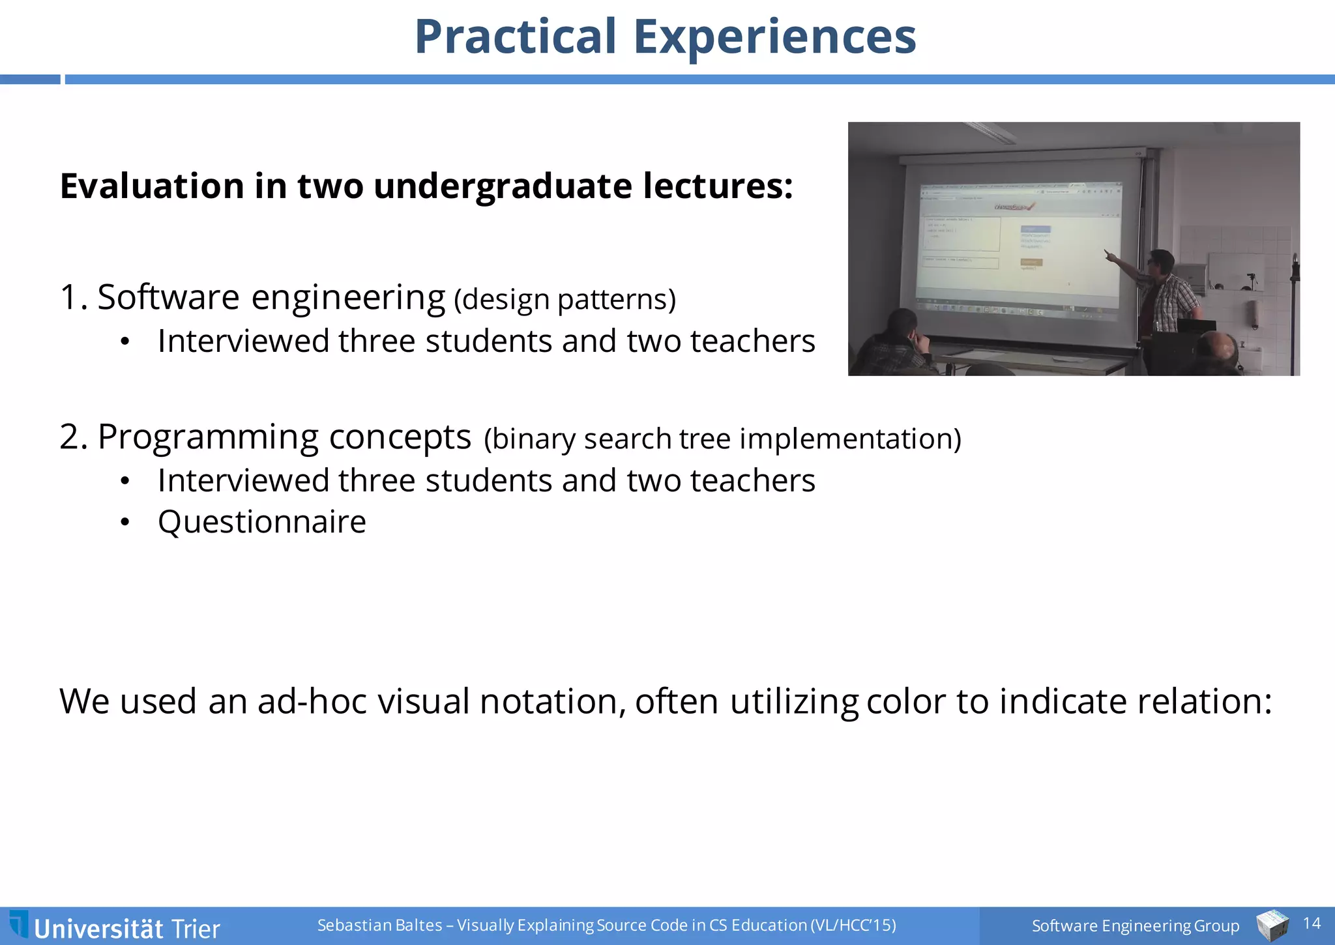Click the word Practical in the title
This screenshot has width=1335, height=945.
[x=515, y=36]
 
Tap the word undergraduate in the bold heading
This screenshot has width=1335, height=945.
[x=503, y=186]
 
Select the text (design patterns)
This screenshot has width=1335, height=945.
[x=565, y=300]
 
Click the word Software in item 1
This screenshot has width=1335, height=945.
[x=168, y=297]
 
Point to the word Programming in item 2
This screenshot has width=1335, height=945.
[x=208, y=437]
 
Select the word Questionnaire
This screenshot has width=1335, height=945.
[x=262, y=522]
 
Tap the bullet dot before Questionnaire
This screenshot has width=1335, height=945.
[x=125, y=522]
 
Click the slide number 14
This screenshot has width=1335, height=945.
[x=1312, y=923]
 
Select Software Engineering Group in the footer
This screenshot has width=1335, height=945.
[x=1135, y=925]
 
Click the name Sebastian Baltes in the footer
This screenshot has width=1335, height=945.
[x=379, y=925]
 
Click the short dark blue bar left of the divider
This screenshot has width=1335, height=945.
[x=30, y=80]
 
